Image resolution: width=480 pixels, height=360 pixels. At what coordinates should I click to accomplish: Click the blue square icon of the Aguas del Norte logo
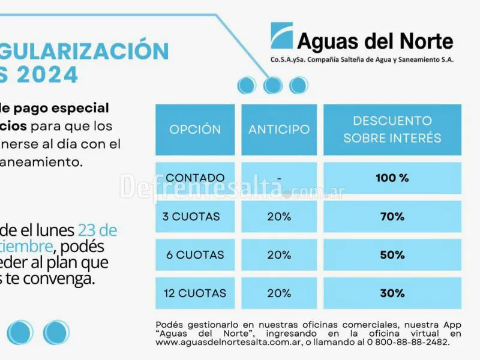coord(281,35)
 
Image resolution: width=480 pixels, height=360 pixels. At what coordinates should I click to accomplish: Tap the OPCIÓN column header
coord(195,130)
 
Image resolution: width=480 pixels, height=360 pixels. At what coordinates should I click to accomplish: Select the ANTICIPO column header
coord(279,130)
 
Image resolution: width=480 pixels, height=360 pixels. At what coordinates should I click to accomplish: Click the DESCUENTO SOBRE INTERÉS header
coord(392,130)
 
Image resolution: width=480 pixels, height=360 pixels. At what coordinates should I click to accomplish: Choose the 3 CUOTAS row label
coord(191,217)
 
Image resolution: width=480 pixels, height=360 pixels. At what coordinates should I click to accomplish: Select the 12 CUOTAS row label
coord(194,293)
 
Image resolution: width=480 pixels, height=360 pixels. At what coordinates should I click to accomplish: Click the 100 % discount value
coord(392,178)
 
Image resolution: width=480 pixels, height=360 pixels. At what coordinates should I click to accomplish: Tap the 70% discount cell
coord(392,217)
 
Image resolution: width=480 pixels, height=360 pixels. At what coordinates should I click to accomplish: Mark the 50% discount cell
coord(392,255)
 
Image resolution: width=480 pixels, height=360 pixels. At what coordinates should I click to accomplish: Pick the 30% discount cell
coord(392,293)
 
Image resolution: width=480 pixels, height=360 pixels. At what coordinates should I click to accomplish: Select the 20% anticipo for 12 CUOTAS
coord(279,293)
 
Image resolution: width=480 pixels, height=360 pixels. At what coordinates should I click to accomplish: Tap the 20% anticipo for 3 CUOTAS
coord(279,217)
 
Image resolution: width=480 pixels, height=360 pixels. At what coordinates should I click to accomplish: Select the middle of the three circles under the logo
coord(272,85)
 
